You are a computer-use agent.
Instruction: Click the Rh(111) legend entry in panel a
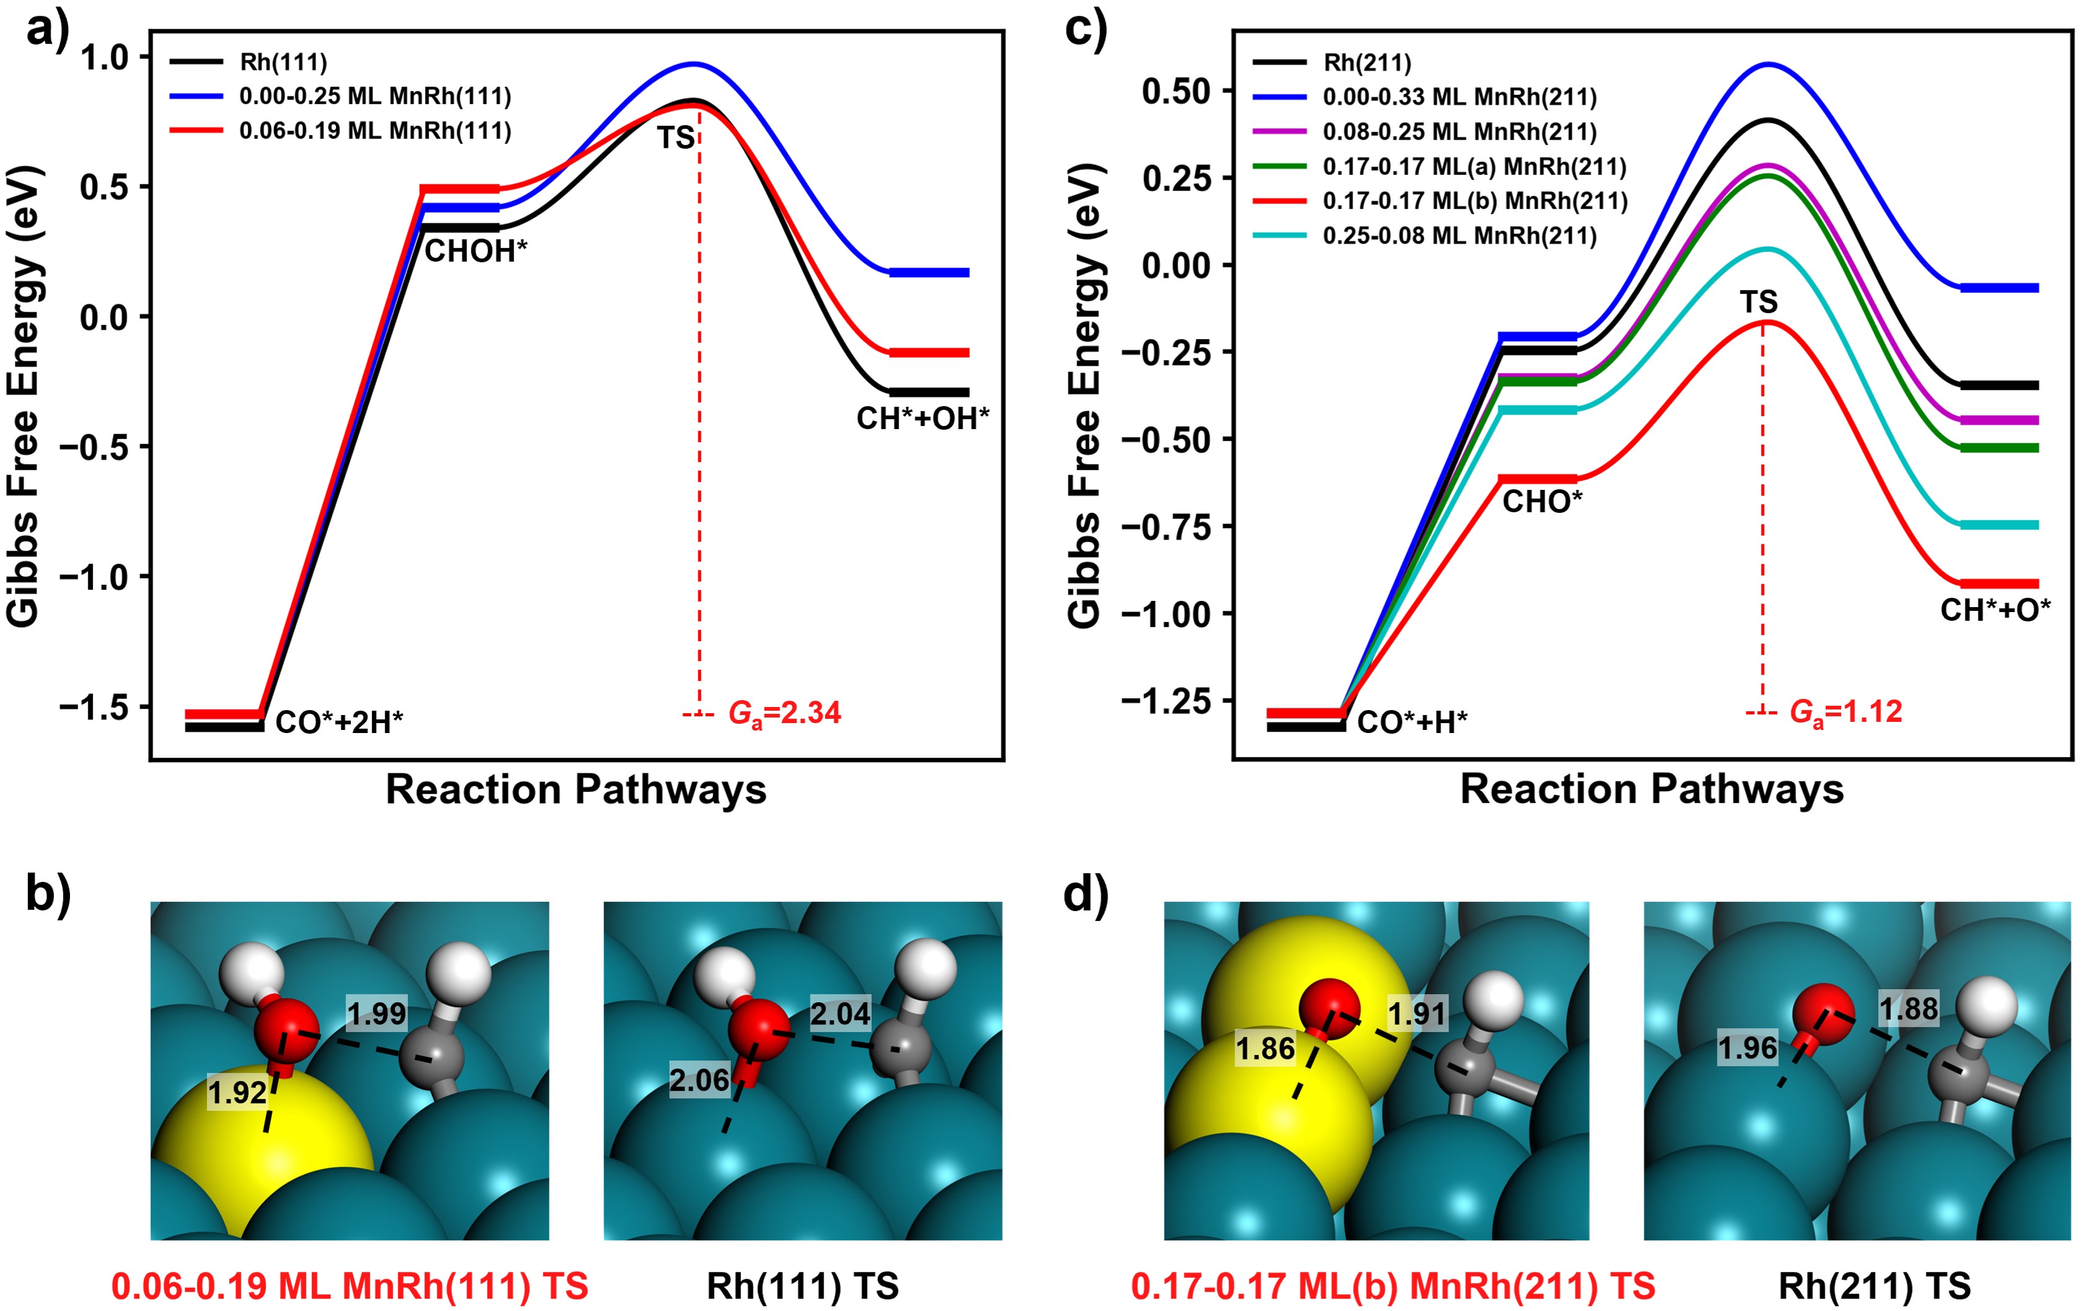[283, 62]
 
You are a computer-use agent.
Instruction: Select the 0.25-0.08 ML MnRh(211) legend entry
[1459, 236]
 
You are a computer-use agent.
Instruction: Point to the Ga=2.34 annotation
[784, 713]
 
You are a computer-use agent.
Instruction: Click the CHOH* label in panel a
[476, 252]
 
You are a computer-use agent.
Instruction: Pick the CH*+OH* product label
[922, 418]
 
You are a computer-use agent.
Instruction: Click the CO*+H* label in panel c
[1411, 722]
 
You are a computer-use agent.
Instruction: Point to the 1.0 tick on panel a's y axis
[104, 58]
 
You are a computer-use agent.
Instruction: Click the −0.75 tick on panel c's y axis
[1166, 527]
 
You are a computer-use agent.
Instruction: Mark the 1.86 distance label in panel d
[1265, 1049]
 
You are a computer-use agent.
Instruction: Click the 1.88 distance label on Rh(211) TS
[1908, 1008]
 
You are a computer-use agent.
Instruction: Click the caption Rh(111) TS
[802, 1286]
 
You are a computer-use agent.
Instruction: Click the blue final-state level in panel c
[1999, 288]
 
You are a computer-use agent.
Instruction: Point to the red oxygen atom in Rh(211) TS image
[1824, 1010]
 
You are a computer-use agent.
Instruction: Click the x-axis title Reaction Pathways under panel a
[575, 789]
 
